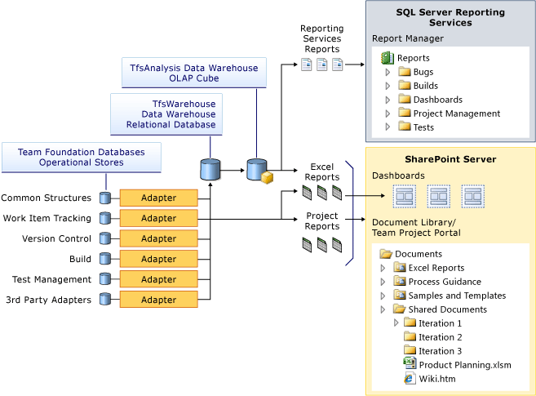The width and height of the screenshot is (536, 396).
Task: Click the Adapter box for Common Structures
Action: coord(158,198)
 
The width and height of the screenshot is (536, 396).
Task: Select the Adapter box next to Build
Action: coord(158,259)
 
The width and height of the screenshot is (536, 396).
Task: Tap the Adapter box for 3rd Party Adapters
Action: coord(158,300)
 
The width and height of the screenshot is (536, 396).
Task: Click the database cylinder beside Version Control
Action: coord(104,238)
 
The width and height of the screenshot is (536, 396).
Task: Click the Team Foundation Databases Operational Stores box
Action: coord(82,157)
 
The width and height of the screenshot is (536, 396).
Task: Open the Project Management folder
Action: coord(456,113)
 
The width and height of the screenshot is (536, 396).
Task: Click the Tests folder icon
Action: coord(404,127)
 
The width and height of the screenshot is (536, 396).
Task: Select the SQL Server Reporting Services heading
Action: coord(450,18)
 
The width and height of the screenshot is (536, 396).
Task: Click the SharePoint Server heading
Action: coord(450,158)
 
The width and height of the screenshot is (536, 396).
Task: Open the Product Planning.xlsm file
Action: coord(464,365)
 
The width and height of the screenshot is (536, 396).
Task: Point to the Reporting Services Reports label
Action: coord(322,39)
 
